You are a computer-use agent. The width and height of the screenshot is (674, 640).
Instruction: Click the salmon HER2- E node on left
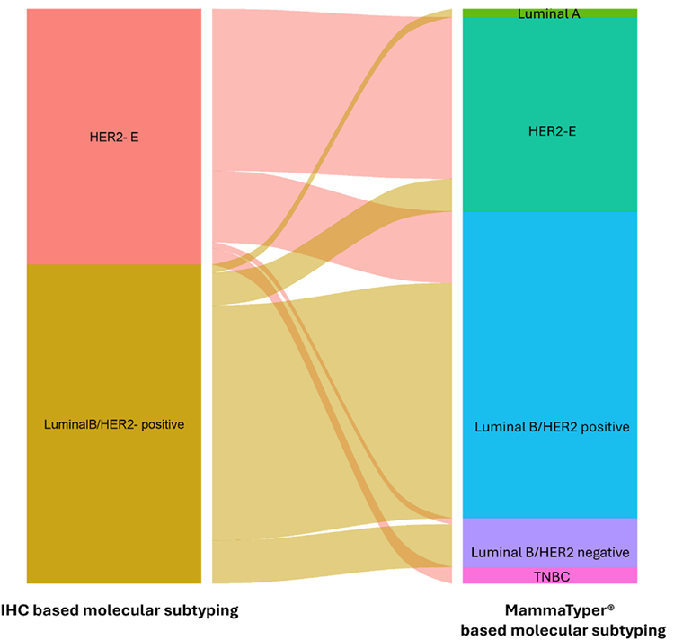coord(113,90)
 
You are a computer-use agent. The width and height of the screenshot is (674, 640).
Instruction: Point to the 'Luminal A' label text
coord(548,14)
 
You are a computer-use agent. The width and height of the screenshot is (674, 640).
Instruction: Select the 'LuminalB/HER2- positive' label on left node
coord(113,423)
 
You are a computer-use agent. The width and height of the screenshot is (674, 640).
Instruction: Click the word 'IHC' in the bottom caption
coord(21,610)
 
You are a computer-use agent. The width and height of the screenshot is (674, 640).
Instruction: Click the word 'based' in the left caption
coord(61,610)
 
